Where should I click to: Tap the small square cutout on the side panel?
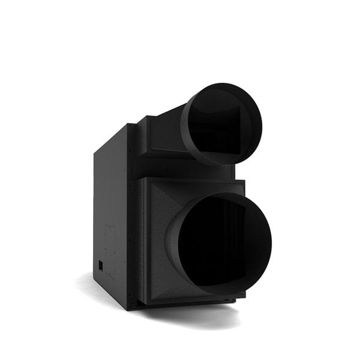pyautogui.click(x=101, y=265)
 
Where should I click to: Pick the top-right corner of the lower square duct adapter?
pyautogui.click(x=244, y=180)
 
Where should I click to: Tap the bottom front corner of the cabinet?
pyautogui.click(x=128, y=309)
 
